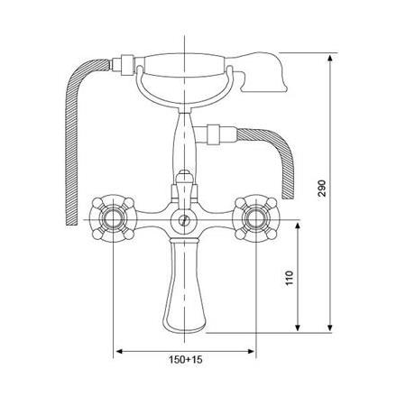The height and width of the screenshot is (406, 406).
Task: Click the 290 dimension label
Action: [321, 188]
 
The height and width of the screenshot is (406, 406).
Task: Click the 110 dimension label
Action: [289, 278]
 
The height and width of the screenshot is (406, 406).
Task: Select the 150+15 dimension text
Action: [186, 359]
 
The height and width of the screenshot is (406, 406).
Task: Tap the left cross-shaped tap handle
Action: [113, 218]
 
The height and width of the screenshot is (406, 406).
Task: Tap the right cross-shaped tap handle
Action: [256, 218]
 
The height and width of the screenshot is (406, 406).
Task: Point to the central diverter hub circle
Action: [184, 220]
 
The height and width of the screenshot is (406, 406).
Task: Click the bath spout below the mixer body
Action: [184, 286]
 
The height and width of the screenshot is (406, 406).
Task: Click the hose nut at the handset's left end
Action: [127, 65]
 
